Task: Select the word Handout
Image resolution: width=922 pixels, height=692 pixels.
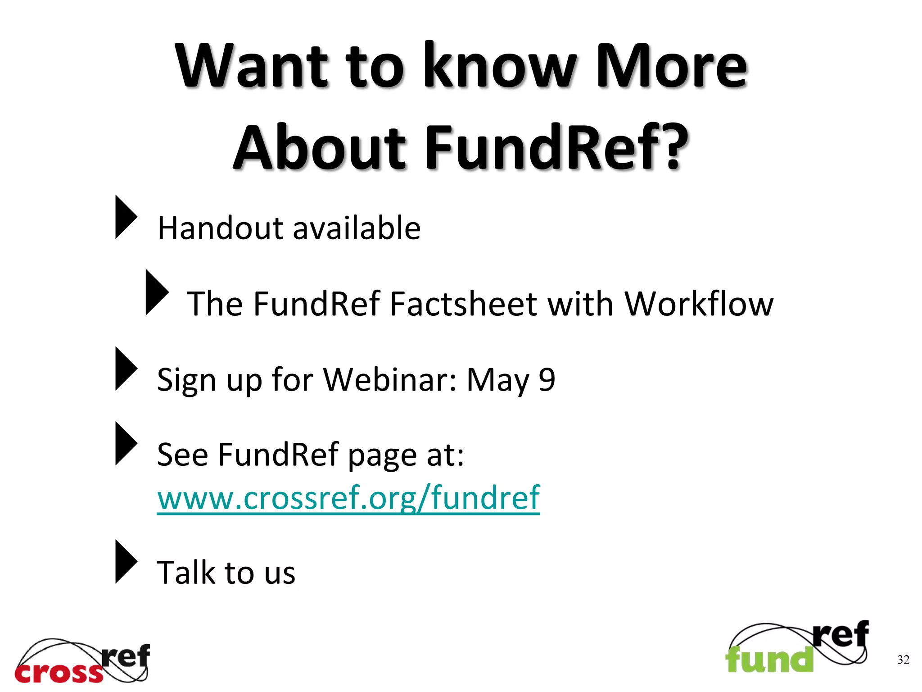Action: (220, 228)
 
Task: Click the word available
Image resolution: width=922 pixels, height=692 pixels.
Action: (357, 228)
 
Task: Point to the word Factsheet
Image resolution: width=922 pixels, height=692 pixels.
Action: (463, 304)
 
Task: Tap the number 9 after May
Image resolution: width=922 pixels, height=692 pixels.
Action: (547, 379)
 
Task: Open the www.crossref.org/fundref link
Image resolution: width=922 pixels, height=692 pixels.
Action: (348, 498)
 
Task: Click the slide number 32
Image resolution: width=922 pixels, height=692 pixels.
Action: (903, 660)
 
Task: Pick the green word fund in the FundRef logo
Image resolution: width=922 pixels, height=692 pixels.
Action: (769, 660)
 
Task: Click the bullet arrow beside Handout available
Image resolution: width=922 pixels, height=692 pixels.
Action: (126, 217)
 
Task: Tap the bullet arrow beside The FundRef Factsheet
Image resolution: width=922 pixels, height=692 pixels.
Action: (156, 292)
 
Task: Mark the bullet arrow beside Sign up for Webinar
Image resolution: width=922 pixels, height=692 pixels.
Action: (126, 369)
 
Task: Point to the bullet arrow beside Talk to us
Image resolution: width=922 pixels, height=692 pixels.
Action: (126, 561)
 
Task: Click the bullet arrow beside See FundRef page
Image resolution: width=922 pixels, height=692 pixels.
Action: (126, 443)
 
